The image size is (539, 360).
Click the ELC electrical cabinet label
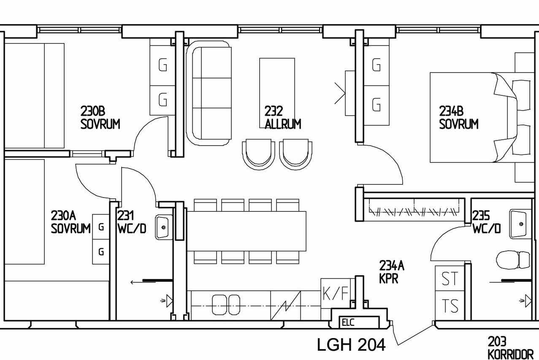pos(348,322)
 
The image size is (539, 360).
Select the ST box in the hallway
pos(450,279)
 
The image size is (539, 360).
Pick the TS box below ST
pos(450,306)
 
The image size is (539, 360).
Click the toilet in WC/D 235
pos(513,260)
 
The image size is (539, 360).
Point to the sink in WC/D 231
pos(164,227)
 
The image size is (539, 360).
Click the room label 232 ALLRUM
pos(282,118)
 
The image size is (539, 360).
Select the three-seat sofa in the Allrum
pos(209,93)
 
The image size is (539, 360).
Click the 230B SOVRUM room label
pos(100,118)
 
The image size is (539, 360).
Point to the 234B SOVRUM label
pos(459,118)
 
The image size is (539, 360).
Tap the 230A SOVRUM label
pos(70,222)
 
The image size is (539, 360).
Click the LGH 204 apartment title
pos(351,345)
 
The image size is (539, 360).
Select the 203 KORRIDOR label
pos(511,348)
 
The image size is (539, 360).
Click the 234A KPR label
pos(392,272)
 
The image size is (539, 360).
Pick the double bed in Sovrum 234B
pos(482,117)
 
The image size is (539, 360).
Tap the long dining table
pos(246,231)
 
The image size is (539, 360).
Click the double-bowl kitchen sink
pos(226,305)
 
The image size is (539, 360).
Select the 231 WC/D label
pos(132,222)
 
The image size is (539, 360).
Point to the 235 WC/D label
pos(487,222)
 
